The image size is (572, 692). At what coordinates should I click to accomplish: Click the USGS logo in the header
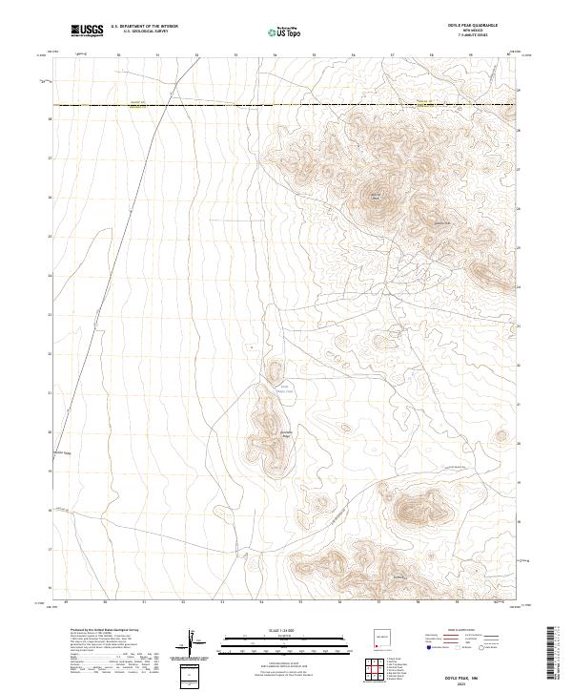click(x=87, y=31)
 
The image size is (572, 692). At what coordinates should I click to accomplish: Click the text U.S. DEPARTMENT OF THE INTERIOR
click(x=144, y=27)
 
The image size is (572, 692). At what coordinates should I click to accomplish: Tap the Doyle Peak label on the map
click(x=375, y=199)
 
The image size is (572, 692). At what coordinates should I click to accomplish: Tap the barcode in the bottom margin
click(x=551, y=655)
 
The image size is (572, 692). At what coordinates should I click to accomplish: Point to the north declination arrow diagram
click(x=191, y=642)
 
